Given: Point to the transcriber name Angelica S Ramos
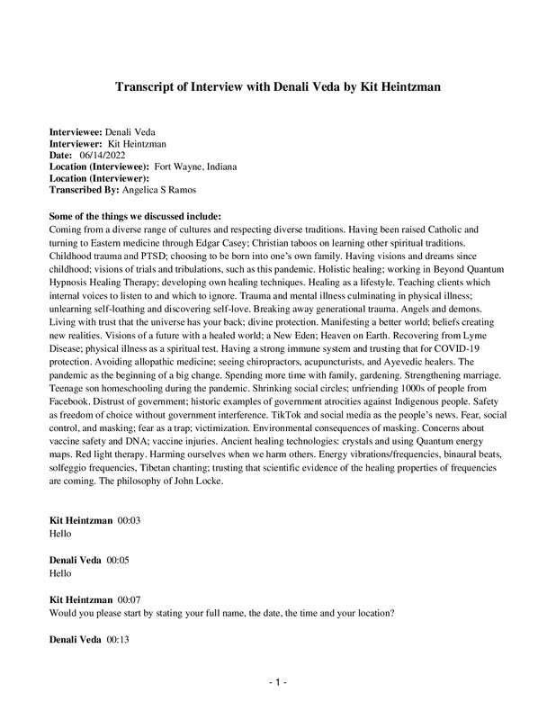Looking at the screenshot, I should [162, 190].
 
